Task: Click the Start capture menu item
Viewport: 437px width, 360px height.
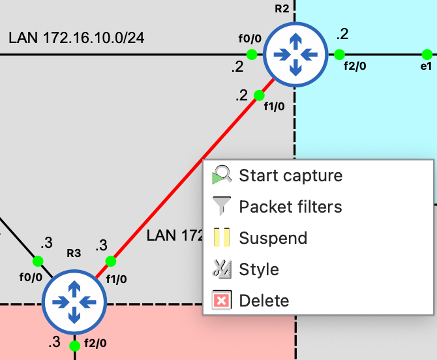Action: point(291,175)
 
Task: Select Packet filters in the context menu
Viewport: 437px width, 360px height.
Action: point(290,207)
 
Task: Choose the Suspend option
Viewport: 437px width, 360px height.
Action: point(273,238)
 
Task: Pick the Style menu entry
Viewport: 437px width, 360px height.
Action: point(259,269)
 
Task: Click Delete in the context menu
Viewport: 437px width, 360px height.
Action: point(264,301)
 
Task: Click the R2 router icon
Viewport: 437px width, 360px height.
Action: point(295,55)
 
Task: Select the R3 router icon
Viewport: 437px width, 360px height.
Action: point(74,302)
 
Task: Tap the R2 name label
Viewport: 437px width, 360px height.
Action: point(282,8)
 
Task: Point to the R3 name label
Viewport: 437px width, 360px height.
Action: point(74,253)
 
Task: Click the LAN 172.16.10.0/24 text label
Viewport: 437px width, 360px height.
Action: point(76,38)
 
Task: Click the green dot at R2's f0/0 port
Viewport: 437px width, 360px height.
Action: point(252,54)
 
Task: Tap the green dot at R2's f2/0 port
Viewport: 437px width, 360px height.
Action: point(339,54)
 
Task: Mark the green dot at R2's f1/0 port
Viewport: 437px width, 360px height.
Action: point(259,95)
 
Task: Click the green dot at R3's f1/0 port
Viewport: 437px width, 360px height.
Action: point(111,262)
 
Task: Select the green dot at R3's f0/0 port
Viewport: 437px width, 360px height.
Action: point(38,261)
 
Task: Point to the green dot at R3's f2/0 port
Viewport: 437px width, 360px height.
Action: point(74,346)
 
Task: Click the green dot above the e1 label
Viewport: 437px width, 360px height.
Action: point(427,55)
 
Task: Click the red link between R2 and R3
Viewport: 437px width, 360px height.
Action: point(184,179)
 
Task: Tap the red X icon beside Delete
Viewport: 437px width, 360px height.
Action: point(222,301)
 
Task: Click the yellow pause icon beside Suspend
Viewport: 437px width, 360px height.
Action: point(222,237)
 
